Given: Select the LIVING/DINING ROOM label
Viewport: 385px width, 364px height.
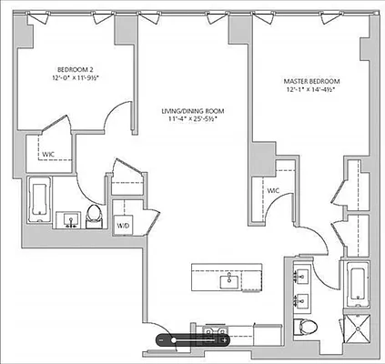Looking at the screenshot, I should coord(192,111).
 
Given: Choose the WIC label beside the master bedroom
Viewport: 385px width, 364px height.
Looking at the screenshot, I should coord(272,190).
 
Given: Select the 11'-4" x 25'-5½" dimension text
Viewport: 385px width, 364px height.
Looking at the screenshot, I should coord(192,121).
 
